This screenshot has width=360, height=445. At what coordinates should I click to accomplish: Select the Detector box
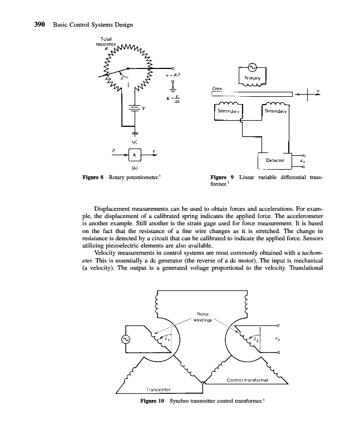pos(275,160)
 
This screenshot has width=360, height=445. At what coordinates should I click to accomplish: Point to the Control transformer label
pos(248,380)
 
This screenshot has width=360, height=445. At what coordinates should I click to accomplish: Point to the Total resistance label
pos(106,41)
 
